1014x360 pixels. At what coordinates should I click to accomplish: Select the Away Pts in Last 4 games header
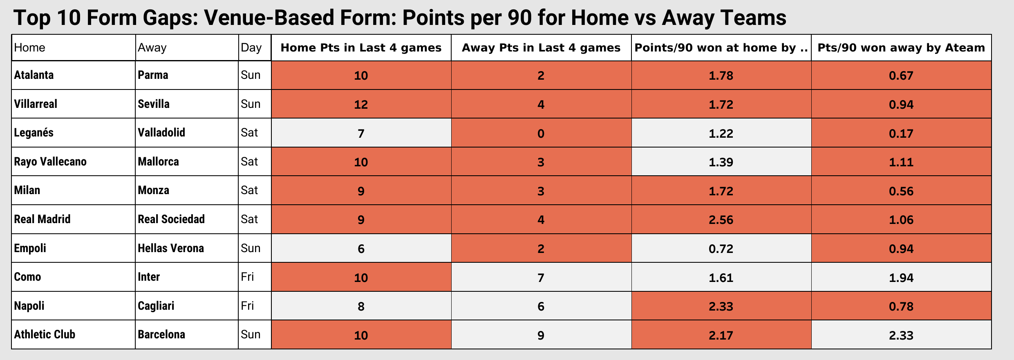(541, 48)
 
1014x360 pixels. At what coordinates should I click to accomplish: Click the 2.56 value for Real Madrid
(721, 220)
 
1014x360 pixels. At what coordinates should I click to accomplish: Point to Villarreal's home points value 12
(361, 105)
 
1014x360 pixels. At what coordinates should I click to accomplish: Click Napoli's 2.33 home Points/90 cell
(721, 306)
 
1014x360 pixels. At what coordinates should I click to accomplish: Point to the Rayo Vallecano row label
(50, 162)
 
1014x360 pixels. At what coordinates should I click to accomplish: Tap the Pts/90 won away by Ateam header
(901, 48)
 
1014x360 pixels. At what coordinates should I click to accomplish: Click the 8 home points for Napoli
(361, 306)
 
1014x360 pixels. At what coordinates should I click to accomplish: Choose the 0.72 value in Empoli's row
(721, 249)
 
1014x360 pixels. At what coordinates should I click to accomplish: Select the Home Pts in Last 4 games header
(361, 48)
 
